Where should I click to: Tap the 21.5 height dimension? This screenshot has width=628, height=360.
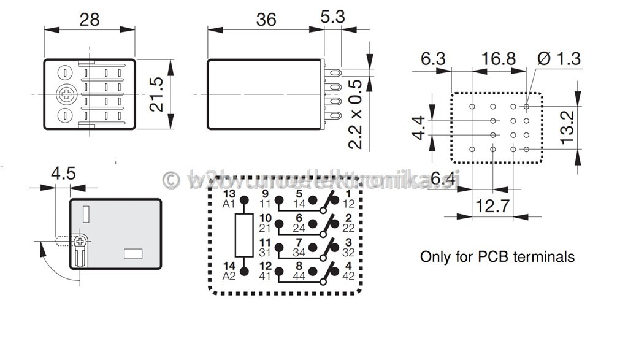tap(158, 94)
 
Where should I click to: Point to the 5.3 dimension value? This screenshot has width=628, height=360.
tap(333, 17)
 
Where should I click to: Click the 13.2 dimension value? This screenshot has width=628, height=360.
tap(568, 126)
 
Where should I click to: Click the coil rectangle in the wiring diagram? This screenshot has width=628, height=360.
tap(244, 236)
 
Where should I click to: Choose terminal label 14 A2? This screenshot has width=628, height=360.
tap(229, 271)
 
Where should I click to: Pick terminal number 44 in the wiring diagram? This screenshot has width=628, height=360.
tap(300, 275)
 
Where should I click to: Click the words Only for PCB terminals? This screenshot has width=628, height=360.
tap(497, 256)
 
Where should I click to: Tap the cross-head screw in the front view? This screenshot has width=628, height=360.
tap(64, 94)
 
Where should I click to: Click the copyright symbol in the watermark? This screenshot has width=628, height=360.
tap(170, 180)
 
